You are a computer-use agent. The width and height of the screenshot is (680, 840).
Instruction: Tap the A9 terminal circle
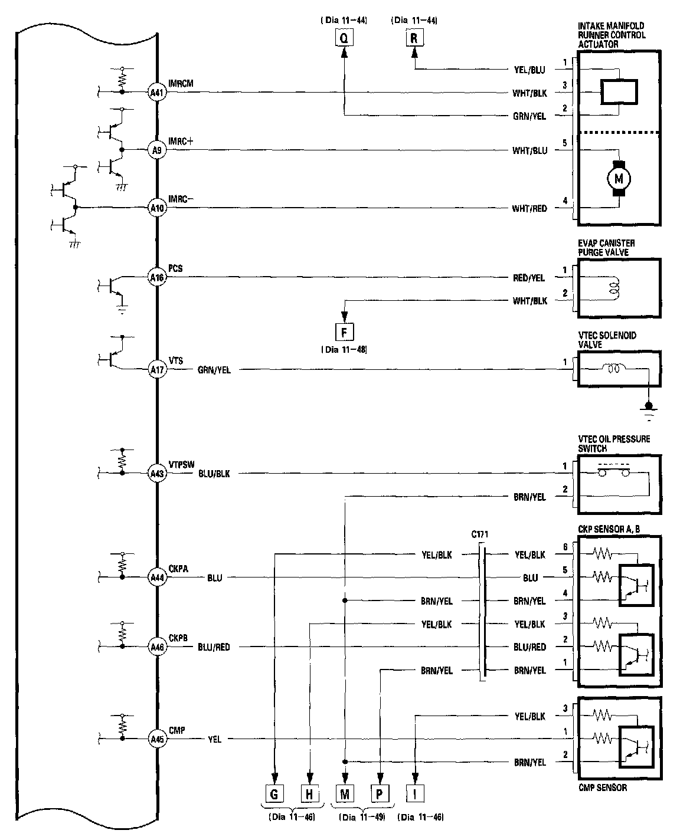click(x=156, y=150)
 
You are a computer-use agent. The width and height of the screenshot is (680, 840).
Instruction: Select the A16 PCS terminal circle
click(x=156, y=277)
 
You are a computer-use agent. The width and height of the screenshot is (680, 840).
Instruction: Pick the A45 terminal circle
click(x=156, y=739)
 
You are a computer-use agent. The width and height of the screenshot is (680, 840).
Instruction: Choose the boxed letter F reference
click(x=344, y=332)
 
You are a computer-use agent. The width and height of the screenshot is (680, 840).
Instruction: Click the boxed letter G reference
click(x=274, y=794)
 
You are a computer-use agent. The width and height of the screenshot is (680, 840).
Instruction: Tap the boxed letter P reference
click(x=380, y=794)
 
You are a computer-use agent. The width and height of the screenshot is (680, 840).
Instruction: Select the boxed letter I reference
click(x=415, y=794)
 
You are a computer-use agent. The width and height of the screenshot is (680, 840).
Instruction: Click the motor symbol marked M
click(x=619, y=177)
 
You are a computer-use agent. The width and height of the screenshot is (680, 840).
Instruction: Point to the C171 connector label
click(x=480, y=535)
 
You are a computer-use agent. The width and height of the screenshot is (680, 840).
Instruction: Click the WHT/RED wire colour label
click(x=529, y=208)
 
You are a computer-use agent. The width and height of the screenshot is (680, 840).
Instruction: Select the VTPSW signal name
click(x=181, y=464)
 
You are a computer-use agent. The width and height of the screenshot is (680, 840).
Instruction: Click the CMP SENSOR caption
click(x=603, y=787)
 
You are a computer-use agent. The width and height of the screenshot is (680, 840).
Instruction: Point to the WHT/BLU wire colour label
click(x=529, y=150)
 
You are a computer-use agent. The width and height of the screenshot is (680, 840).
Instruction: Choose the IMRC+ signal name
click(x=181, y=142)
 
